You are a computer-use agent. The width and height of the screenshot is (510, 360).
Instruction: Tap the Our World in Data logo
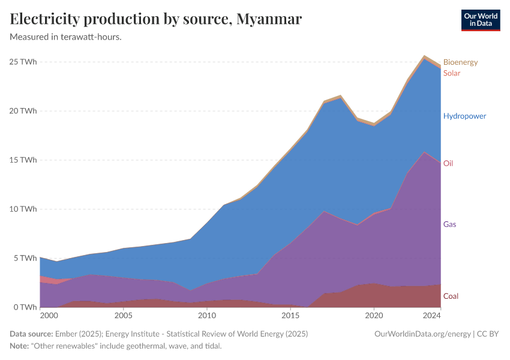pos(480,20)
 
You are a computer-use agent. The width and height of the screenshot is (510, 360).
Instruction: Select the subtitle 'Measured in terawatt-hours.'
pos(66,37)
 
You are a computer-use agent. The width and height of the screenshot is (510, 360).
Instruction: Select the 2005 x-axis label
pos(123,315)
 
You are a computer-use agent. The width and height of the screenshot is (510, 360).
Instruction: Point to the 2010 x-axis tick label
pos(207,315)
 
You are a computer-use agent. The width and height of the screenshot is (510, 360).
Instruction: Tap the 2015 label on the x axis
pos(290,315)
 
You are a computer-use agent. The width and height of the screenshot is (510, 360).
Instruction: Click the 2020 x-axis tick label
pos(374,315)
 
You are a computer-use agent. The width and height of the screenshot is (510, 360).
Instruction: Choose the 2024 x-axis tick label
pos(432,315)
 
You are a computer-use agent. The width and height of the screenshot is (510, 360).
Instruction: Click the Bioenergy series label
pos(460,62)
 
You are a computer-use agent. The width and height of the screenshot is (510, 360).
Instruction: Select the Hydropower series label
pos(464,116)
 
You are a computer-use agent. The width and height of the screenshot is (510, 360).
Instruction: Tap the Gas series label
pos(450,224)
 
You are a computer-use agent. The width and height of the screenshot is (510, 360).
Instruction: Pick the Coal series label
pos(451,296)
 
